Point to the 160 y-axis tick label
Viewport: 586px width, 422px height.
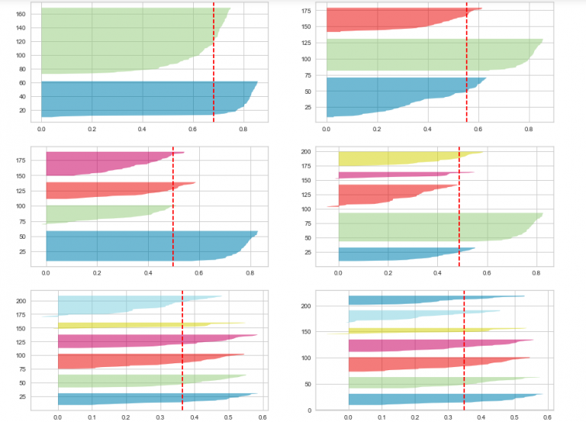coord(21,14)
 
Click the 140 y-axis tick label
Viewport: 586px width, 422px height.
coord(21,27)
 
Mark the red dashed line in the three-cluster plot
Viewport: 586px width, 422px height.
coord(467,76)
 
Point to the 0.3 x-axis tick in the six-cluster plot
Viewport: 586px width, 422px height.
coord(160,418)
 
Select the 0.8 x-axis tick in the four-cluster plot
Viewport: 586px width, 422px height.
coord(536,272)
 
